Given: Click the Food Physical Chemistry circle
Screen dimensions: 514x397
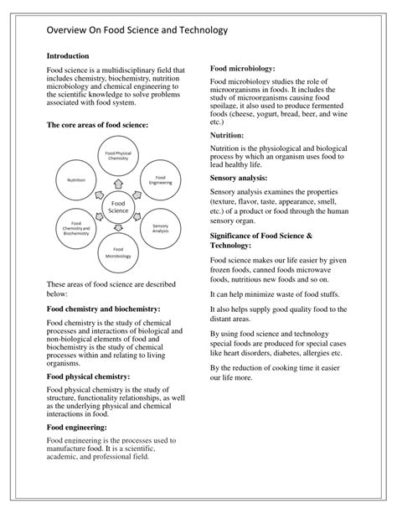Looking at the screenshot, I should pyautogui.click(x=117, y=156).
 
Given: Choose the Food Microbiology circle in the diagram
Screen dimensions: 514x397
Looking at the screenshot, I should pyautogui.click(x=117, y=253).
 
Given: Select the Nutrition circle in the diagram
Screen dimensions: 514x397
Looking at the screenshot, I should pyautogui.click(x=76, y=180).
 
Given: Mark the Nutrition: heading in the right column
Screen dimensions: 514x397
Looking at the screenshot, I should pyautogui.click(x=227, y=134).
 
